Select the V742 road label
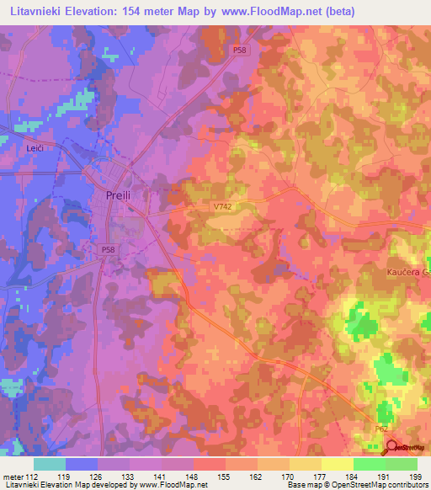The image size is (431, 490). [x=221, y=205]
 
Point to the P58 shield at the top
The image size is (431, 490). [x=240, y=51]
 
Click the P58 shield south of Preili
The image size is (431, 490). [x=108, y=249]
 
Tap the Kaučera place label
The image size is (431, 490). [x=407, y=273]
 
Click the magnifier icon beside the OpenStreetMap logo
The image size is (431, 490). [x=390, y=447]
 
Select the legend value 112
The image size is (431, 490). [x=35, y=476]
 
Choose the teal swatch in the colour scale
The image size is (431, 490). [x=50, y=464]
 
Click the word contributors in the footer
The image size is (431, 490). [x=407, y=485]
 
